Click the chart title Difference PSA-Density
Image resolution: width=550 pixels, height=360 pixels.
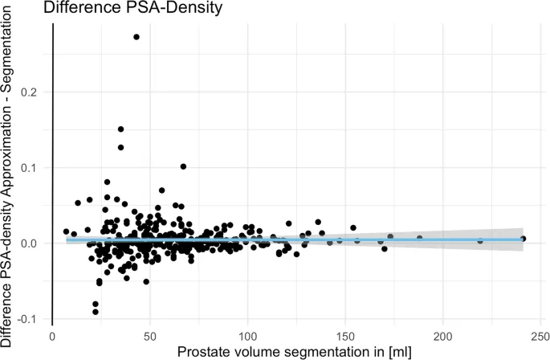point(133,7)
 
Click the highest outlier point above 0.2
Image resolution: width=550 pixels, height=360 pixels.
point(136,37)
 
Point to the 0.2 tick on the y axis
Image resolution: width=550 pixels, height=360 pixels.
point(29,92)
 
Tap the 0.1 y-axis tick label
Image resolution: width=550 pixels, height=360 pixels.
point(29,167)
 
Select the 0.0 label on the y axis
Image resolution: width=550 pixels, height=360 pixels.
point(29,243)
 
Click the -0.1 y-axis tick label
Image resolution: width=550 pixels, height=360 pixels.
point(27,319)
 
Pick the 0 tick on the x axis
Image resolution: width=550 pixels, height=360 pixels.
point(53,337)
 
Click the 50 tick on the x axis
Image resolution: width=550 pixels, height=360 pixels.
point(150,337)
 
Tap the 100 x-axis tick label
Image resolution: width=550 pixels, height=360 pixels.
point(247,337)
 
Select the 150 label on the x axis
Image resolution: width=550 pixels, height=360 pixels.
point(345,337)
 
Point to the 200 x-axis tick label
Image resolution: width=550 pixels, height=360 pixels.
point(443,337)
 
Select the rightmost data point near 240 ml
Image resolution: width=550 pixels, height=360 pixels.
point(523,239)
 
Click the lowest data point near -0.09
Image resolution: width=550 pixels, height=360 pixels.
point(96,312)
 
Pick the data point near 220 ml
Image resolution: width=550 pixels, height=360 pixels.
point(480,241)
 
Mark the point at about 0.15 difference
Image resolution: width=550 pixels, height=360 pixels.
point(120,129)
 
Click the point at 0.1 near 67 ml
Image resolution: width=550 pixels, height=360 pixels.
point(183,166)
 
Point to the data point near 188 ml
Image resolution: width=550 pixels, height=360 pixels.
point(419,238)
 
